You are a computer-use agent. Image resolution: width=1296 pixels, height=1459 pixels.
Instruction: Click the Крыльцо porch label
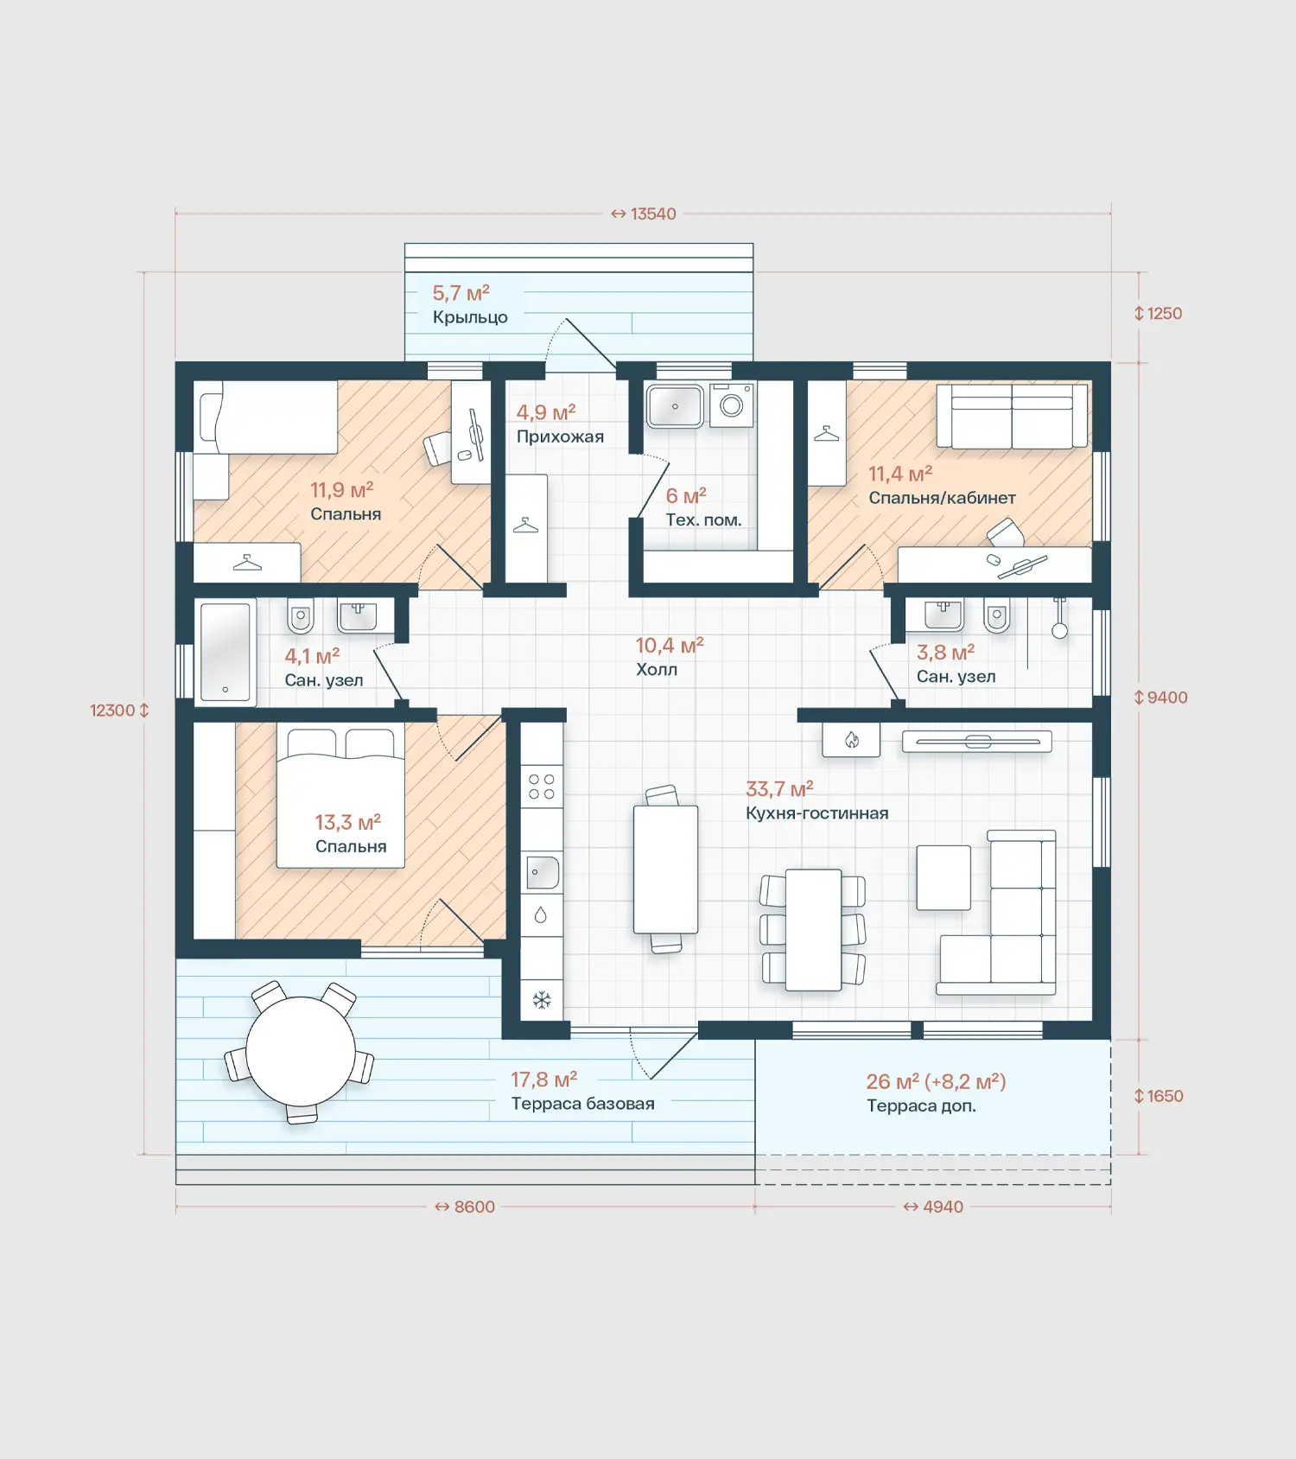tap(470, 317)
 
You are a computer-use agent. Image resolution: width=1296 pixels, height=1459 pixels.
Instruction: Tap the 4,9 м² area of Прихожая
tap(546, 412)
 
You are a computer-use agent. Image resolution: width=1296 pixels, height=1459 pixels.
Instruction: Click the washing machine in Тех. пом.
tap(732, 405)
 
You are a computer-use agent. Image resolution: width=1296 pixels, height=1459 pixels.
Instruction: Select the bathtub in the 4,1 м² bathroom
tap(226, 651)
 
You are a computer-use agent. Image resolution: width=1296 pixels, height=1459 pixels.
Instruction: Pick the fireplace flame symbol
tap(852, 740)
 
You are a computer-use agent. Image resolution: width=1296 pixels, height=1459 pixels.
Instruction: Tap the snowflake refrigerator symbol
tap(542, 1001)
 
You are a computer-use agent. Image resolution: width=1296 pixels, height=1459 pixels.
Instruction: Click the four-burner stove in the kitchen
tap(542, 787)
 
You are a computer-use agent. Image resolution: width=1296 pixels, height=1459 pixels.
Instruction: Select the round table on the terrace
tap(300, 1052)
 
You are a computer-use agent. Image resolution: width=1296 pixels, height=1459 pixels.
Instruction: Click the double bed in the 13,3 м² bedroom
tap(340, 797)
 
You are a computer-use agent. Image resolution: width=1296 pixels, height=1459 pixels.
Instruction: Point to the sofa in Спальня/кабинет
tap(1012, 416)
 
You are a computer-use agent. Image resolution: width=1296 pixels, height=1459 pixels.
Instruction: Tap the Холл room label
tap(657, 669)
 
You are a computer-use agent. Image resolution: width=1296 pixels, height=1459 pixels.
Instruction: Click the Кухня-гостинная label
tap(817, 812)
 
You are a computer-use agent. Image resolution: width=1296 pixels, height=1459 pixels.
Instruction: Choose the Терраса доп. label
tap(921, 1105)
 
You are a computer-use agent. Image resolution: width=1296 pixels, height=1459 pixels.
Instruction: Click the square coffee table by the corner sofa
tap(943, 877)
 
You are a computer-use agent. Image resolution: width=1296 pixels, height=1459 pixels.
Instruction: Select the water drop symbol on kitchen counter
tap(541, 914)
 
